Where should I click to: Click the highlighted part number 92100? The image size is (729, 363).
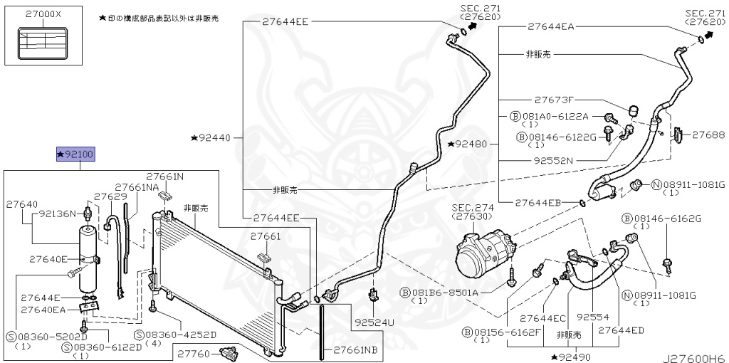pyautogui.click(x=75, y=154)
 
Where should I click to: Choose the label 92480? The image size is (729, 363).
pyautogui.click(x=471, y=144)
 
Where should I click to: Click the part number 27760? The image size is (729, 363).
pyautogui.click(x=193, y=352)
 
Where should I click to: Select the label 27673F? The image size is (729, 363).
pyautogui.click(x=554, y=100)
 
